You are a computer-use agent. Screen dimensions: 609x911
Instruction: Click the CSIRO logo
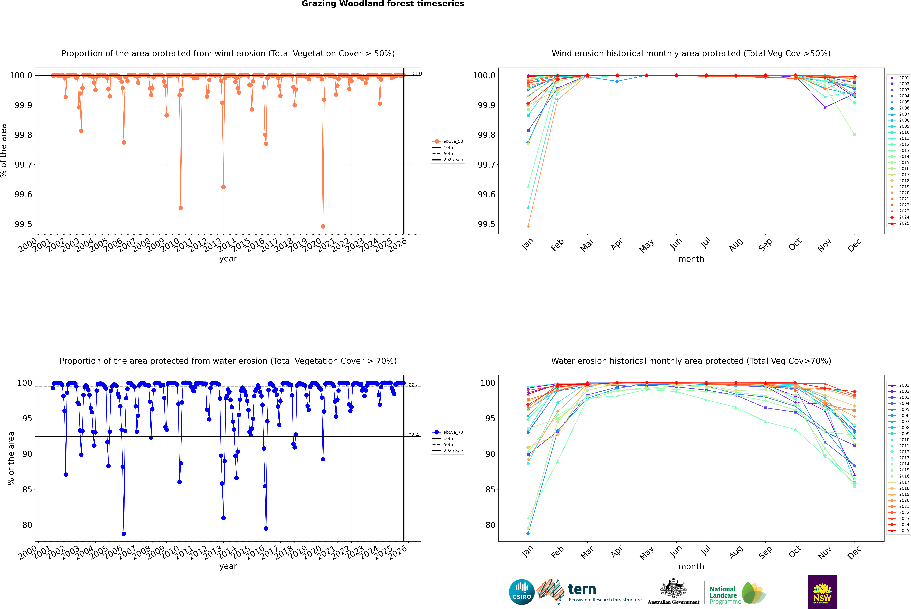[522, 592]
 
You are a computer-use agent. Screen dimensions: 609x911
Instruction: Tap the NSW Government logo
[822, 592]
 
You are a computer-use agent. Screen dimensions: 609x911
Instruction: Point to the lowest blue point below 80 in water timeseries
[124, 534]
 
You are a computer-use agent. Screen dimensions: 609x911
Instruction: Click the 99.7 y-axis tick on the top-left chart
[23, 165]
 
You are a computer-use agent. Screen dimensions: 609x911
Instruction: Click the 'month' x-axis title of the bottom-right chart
[691, 566]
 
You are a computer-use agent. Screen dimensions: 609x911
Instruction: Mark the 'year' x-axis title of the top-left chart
[228, 259]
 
